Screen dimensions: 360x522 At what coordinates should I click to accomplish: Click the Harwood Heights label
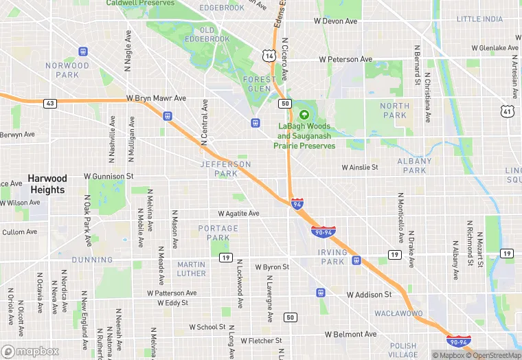47,184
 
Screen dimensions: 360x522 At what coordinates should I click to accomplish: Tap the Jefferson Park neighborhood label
226,169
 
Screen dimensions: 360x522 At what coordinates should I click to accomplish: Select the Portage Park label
218,233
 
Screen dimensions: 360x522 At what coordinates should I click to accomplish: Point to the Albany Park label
415,166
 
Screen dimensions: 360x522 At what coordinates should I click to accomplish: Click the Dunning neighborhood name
91,260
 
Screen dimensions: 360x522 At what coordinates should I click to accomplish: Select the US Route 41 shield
506,111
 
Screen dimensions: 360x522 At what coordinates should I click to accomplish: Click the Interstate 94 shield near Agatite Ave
297,204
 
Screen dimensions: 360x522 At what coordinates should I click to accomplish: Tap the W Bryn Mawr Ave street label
157,98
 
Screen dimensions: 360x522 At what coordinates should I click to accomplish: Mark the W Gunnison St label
109,177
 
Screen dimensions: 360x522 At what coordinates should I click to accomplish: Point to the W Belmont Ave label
351,334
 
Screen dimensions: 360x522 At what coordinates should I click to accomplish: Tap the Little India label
479,19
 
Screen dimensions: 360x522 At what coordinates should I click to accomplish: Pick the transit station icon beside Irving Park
356,260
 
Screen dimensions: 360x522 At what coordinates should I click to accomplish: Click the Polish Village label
402,350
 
